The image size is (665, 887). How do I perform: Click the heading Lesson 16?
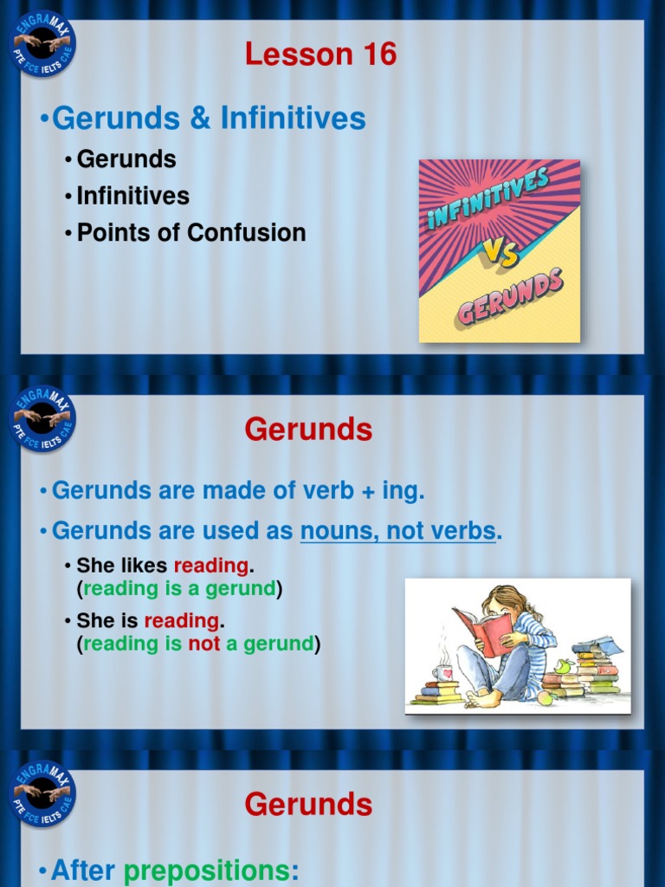(x=320, y=55)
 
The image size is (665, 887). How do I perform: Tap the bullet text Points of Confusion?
(x=190, y=233)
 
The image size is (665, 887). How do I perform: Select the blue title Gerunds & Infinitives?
(x=209, y=119)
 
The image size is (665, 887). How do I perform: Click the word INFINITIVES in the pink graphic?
(x=488, y=199)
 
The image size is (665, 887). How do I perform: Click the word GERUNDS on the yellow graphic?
(x=510, y=296)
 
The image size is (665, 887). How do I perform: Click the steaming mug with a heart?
(x=442, y=672)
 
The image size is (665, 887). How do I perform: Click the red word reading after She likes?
(x=211, y=566)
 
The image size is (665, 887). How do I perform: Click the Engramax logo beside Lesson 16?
(x=43, y=43)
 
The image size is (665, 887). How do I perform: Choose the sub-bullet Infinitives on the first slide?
(x=132, y=196)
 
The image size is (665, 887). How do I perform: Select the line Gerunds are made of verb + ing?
(x=238, y=491)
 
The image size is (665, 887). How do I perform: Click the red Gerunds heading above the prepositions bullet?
(x=308, y=805)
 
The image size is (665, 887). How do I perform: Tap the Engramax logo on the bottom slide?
(x=43, y=793)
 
